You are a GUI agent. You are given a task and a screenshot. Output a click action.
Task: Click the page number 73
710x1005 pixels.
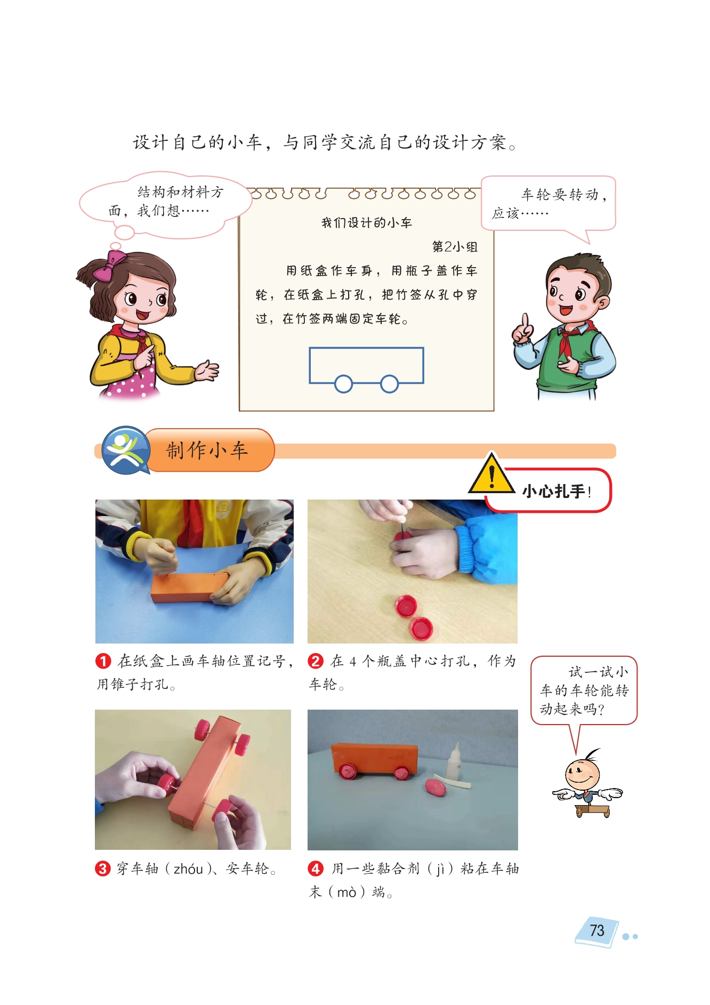coord(597,930)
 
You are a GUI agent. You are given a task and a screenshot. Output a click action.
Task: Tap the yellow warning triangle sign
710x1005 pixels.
coord(491,474)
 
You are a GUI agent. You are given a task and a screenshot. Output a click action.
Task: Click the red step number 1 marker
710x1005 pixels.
coord(103,661)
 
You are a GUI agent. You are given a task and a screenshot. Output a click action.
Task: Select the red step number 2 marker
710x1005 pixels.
coord(316,661)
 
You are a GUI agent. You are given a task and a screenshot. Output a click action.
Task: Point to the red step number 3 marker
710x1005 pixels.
coord(102,869)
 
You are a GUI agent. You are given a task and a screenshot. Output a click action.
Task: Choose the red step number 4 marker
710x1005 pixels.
coord(316,869)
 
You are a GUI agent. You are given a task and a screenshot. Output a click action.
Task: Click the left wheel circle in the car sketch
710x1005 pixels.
coord(344,383)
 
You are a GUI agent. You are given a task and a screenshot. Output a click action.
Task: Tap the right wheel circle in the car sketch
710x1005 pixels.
coord(390,383)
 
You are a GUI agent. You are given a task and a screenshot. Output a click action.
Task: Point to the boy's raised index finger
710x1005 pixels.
coord(526,321)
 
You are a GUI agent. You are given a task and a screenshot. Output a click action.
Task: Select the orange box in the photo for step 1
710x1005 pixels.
coord(190,587)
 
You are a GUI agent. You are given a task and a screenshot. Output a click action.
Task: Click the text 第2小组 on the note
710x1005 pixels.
coord(455,247)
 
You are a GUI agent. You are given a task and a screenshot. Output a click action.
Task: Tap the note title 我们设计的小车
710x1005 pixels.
coord(367,223)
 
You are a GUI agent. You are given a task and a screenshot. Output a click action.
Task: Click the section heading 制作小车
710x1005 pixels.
coord(207,451)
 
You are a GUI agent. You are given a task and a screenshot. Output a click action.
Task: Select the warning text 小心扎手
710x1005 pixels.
coord(554,491)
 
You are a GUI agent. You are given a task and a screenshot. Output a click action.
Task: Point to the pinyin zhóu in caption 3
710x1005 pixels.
coord(188,869)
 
